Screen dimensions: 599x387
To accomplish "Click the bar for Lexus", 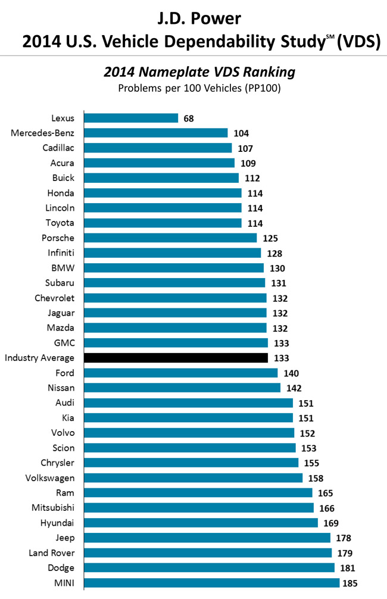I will [131, 118].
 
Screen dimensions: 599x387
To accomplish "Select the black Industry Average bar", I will [176, 358].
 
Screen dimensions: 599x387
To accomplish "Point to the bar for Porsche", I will [170, 238].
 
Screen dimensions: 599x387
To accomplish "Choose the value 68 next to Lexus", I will [189, 118].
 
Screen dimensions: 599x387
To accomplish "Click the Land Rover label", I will [51, 553].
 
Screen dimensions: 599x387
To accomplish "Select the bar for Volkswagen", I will [193, 478].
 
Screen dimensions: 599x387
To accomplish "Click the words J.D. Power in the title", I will [193, 18].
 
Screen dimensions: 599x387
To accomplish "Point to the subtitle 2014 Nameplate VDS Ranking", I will [199, 72].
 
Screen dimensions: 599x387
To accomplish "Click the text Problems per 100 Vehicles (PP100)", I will [199, 88].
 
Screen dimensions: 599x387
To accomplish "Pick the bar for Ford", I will [181, 373].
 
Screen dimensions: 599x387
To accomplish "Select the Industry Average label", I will [39, 358].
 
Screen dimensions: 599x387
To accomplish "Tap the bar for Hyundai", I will [201, 523].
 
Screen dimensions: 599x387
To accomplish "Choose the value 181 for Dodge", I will [349, 568].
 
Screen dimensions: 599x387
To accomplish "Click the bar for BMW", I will [174, 268].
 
